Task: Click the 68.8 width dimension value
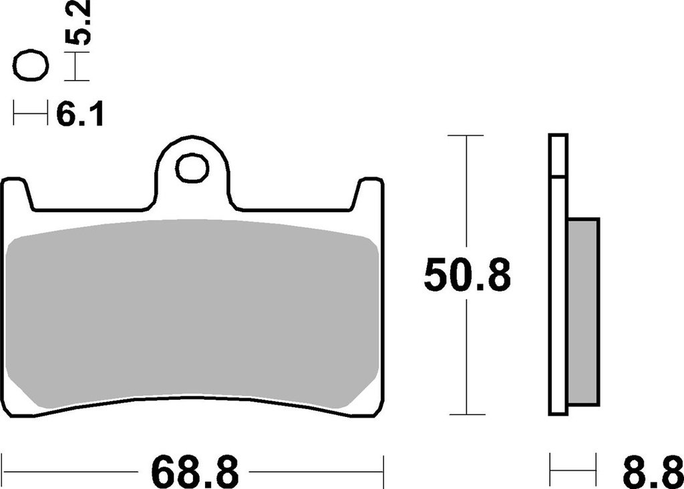coord(196,471)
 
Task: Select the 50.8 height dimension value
coord(467,276)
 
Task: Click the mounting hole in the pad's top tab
coord(192,167)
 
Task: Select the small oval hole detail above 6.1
coord(31,67)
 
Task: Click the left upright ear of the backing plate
coord(17,193)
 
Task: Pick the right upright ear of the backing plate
coord(369,193)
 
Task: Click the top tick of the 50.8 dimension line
coord(466,135)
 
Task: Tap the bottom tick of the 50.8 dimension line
coord(466,414)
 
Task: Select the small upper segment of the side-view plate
coord(558,155)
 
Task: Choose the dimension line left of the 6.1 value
coord(31,114)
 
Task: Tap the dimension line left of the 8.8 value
coord(572,471)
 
